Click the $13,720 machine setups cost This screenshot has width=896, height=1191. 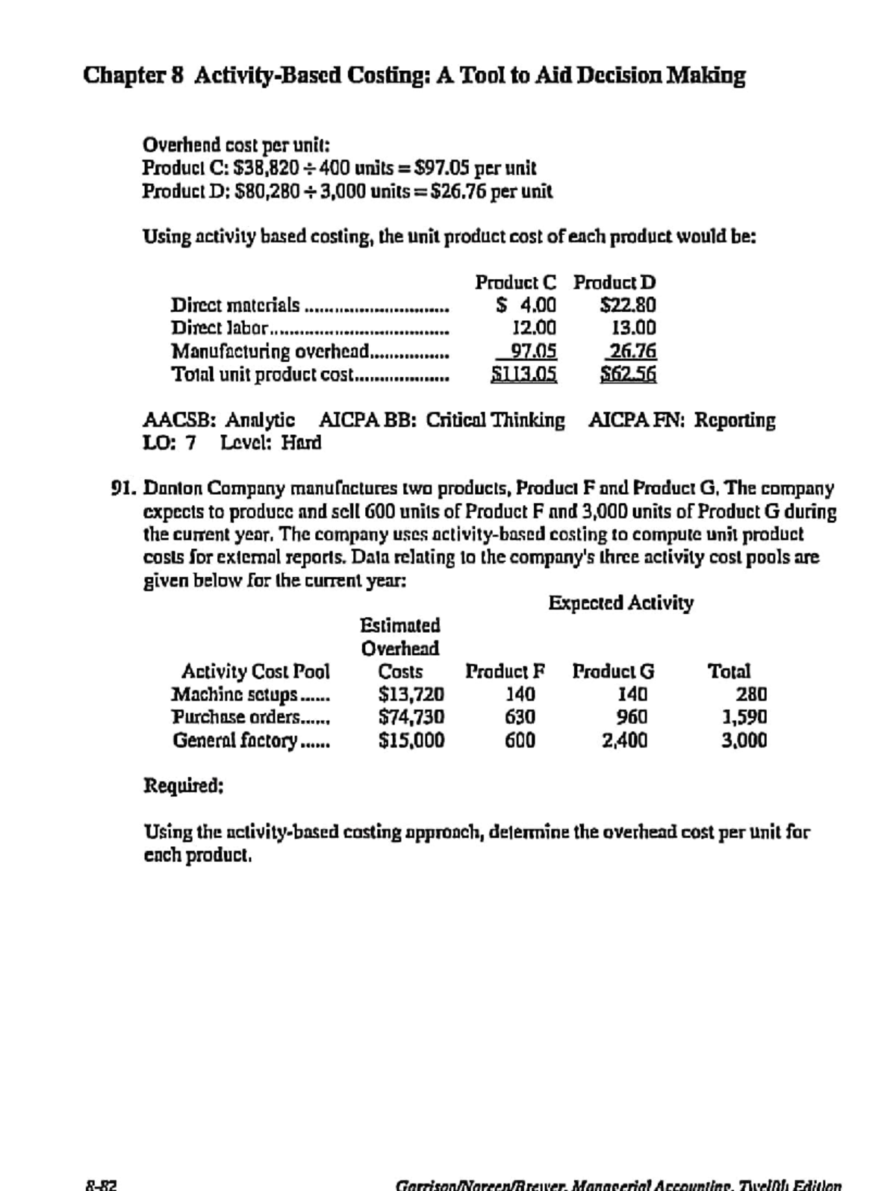(411, 695)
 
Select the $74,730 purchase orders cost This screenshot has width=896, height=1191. (411, 717)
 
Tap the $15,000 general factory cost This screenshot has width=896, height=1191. (411, 740)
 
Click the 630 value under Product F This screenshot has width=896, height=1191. (520, 717)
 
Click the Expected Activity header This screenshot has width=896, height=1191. (620, 602)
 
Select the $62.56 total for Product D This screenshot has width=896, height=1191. (629, 374)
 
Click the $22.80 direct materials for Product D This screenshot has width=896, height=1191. (628, 304)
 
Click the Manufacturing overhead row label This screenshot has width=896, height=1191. (270, 351)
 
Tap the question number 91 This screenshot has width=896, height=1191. (122, 489)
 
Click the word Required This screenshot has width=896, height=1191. (182, 786)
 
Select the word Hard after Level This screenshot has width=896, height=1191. (302, 443)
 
